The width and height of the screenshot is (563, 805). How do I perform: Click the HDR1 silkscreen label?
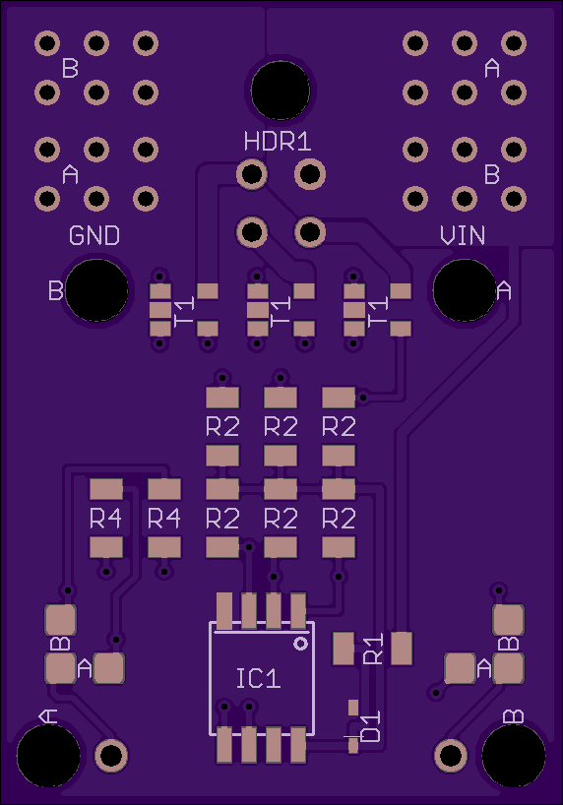click(x=278, y=142)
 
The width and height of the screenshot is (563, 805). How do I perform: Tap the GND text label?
click(x=94, y=235)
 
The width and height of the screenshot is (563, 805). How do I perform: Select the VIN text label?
click(x=463, y=235)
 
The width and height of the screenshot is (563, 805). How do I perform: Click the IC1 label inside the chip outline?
click(x=259, y=679)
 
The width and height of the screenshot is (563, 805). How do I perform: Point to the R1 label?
click(x=373, y=649)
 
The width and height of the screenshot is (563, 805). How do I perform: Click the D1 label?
click(x=371, y=726)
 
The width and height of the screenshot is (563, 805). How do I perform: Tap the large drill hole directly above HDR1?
click(x=281, y=91)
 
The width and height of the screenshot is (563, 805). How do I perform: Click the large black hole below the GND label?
click(x=96, y=290)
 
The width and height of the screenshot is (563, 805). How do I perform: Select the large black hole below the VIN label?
click(x=465, y=290)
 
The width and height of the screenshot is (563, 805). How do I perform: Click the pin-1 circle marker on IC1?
click(x=300, y=644)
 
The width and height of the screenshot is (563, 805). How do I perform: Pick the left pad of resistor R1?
click(x=344, y=649)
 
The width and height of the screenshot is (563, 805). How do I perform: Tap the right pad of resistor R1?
click(x=402, y=649)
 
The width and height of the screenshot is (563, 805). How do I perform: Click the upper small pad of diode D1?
click(x=353, y=708)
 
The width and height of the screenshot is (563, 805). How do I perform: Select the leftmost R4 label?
click(x=106, y=519)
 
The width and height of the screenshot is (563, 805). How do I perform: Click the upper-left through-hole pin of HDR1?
click(x=252, y=174)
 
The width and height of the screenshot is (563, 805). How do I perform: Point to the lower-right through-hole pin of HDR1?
click(x=310, y=232)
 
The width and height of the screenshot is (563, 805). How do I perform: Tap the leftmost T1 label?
click(x=184, y=311)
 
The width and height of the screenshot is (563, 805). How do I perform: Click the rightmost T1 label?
click(x=378, y=311)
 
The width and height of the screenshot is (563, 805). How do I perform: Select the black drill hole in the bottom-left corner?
click(x=48, y=755)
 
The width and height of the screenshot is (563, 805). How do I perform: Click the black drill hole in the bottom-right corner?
click(x=513, y=755)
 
